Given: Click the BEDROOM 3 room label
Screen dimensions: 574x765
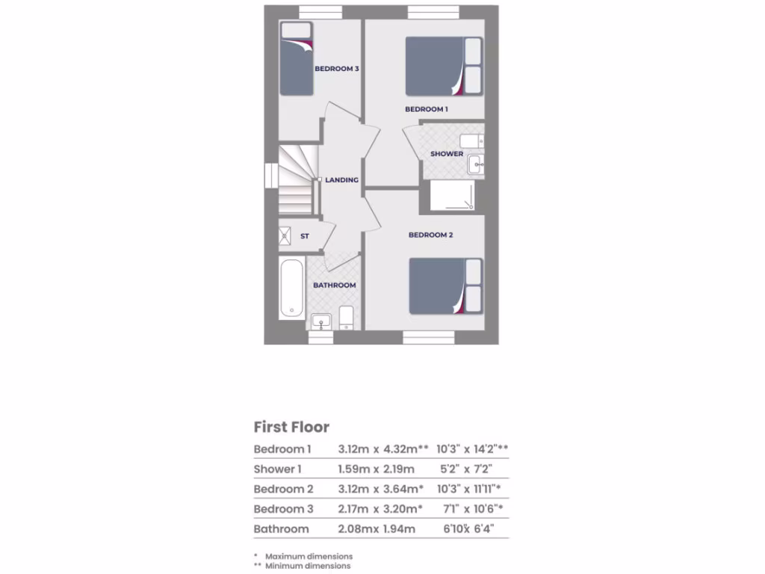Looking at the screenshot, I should tap(337, 69).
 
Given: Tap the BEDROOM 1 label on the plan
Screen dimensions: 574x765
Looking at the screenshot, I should tap(427, 109).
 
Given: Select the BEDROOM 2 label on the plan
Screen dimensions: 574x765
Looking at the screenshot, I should tap(430, 235).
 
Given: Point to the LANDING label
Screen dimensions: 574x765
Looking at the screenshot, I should tap(341, 180).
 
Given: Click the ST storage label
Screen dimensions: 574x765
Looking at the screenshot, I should tap(305, 236).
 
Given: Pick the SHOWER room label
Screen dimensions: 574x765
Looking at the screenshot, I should tap(447, 154).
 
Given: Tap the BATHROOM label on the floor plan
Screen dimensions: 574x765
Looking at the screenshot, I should tap(334, 286).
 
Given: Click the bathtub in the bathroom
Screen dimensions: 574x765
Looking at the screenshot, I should tap(291, 288).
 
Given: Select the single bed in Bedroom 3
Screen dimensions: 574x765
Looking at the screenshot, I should tap(296, 60).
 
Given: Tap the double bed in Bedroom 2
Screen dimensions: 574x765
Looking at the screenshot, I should tap(446, 286).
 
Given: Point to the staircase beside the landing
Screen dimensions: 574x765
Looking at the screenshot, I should tap(294, 182).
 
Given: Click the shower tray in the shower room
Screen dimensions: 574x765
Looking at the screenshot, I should tap(452, 196).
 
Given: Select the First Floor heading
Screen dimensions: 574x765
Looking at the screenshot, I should tap(291, 428).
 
